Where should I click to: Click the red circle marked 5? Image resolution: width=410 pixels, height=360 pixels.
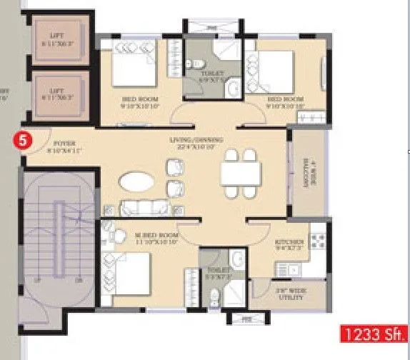23,141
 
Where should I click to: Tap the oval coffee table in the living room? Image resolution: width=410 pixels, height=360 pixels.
136,181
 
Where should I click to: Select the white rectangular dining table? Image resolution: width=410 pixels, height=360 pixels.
239,172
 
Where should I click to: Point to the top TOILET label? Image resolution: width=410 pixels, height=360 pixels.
211,75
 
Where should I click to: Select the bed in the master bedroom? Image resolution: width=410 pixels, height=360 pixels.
129,274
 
